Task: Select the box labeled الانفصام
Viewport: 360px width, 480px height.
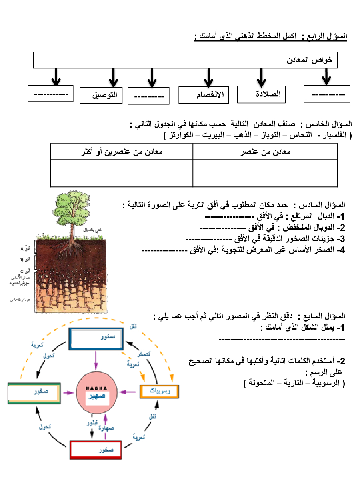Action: (204, 95)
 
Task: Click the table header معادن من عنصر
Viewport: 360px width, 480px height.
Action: (265, 152)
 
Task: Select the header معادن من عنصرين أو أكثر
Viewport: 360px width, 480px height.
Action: (122, 152)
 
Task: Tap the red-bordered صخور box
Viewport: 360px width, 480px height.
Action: (98, 450)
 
